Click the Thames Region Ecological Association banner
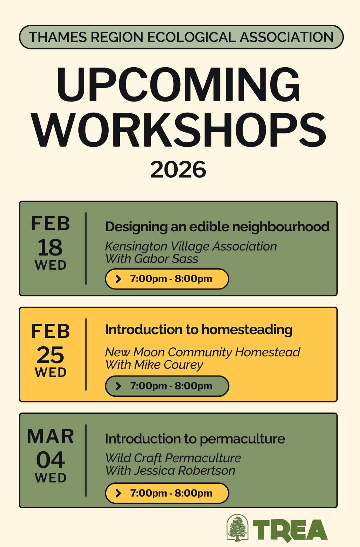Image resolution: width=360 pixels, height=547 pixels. coord(181,37)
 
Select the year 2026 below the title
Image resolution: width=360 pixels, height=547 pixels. coord(178,169)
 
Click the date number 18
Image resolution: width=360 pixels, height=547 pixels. coord(50,248)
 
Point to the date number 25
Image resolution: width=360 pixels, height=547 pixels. coord(50,355)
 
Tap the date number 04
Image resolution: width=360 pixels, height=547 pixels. coord(50,460)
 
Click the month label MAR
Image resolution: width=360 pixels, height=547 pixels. coord(50,436)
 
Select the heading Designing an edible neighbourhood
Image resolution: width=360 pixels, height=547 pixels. coord(217,227)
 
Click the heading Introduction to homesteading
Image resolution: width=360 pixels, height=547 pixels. coord(199,330)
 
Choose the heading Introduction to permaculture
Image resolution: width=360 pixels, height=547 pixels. coord(195,439)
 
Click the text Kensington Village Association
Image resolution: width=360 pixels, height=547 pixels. coord(191,246)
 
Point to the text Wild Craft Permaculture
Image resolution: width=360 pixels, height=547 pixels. coord(173,458)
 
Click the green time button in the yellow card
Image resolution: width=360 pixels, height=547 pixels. coord(167,386)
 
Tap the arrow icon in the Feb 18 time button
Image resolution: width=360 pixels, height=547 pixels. coord(118,279)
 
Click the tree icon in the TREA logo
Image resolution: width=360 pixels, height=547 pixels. coord(238,528)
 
